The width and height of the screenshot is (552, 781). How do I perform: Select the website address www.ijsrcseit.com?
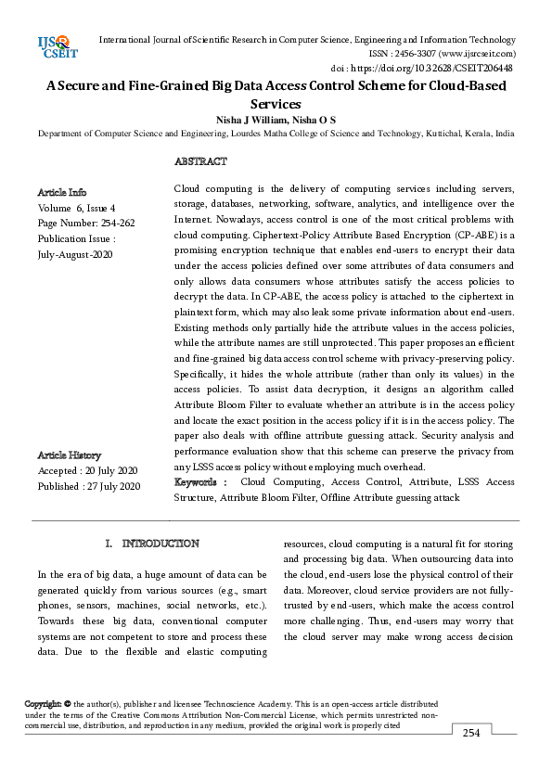tap(481, 54)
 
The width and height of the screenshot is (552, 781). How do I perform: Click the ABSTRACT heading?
tap(200, 161)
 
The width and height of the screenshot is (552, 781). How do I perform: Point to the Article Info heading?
tap(62, 192)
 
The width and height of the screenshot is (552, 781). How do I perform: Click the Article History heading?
tap(70, 455)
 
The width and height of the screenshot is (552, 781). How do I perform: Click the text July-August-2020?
tap(75, 253)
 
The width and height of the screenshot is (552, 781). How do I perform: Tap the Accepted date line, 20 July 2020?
tap(87, 470)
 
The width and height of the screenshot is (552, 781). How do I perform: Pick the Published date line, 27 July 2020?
tap(89, 486)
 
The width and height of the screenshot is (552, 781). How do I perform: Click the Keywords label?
tap(199, 482)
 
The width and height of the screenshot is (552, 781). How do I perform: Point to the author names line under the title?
tap(276, 120)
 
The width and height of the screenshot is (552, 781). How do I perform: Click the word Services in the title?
tap(276, 104)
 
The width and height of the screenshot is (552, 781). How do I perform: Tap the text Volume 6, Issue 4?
tap(77, 208)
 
